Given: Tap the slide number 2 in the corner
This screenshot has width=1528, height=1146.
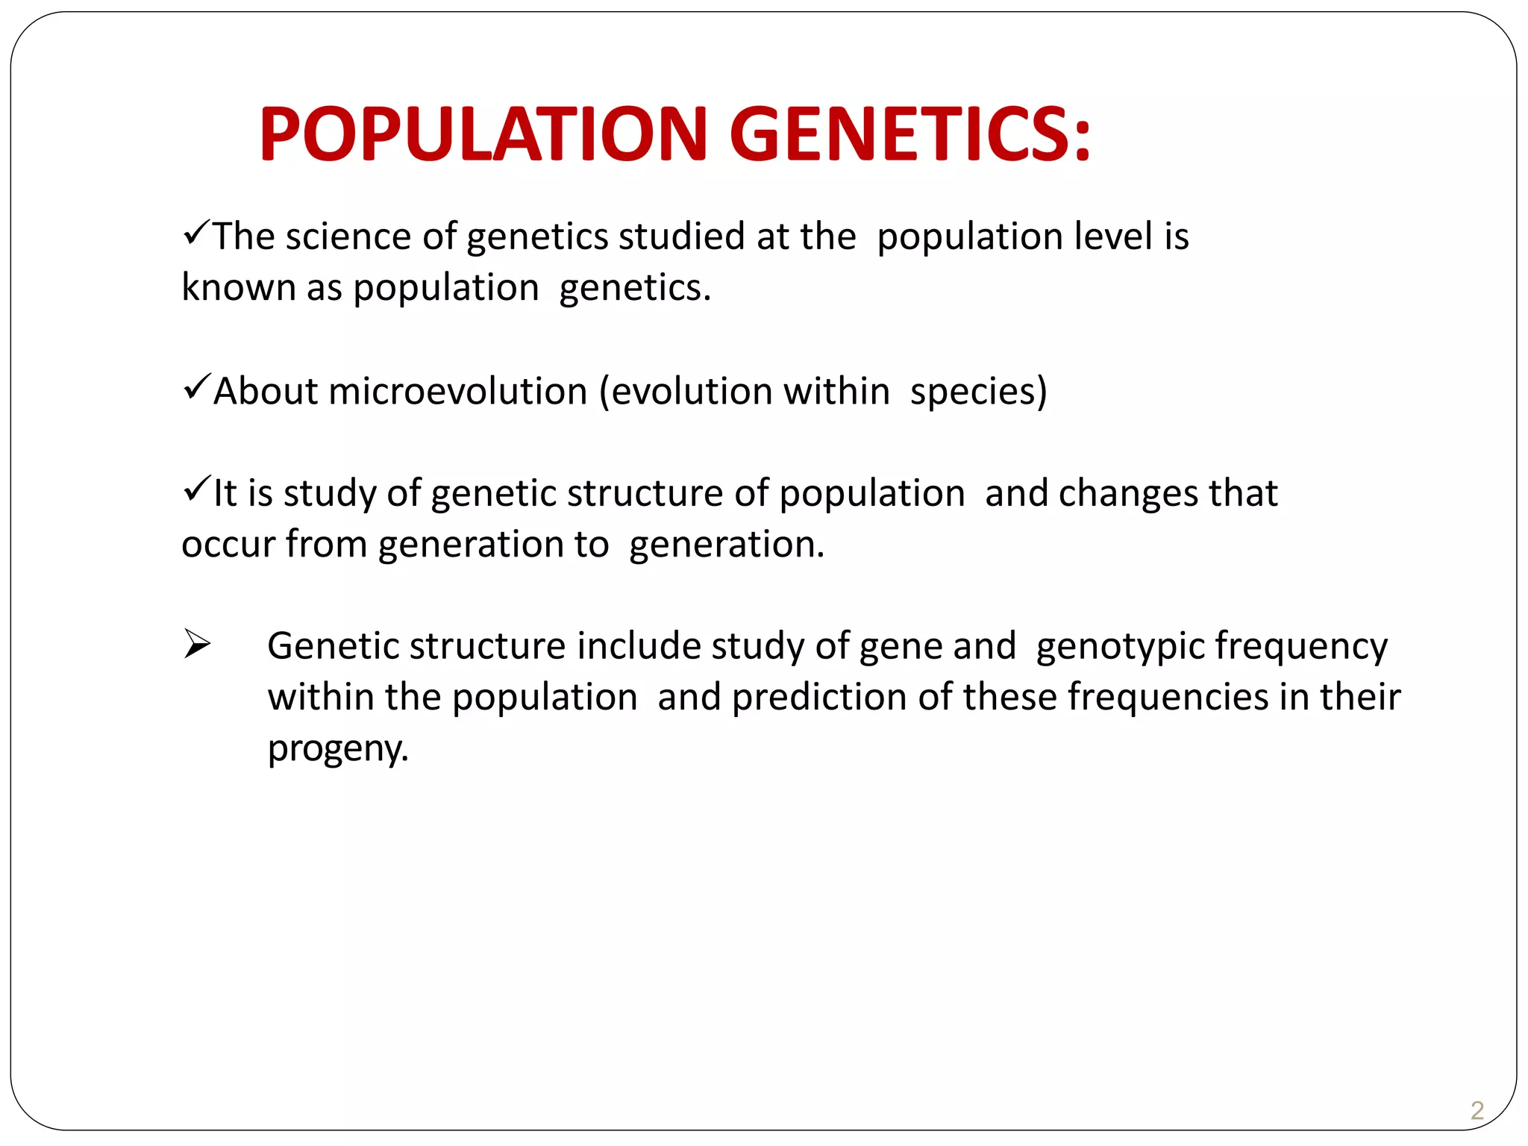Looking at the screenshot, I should tap(1477, 1110).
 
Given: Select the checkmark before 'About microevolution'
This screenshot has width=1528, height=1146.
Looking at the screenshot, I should tap(195, 387).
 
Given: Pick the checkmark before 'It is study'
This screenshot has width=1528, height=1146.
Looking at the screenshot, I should tap(195, 489).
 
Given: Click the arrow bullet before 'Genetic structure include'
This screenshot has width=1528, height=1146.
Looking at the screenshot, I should tap(197, 644).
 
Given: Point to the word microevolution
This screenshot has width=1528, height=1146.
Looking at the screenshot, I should tap(457, 391).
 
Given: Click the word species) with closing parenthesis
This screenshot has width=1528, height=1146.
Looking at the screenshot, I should tap(978, 391).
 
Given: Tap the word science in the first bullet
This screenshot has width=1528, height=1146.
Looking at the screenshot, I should tap(348, 237).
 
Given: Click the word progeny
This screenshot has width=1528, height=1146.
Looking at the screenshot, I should tap(338, 748).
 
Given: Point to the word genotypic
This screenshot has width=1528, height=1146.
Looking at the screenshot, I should tap(1120, 646).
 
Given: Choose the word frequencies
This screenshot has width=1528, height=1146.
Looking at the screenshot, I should tap(1168, 697).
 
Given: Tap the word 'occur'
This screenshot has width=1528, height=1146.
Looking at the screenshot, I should tap(228, 545).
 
